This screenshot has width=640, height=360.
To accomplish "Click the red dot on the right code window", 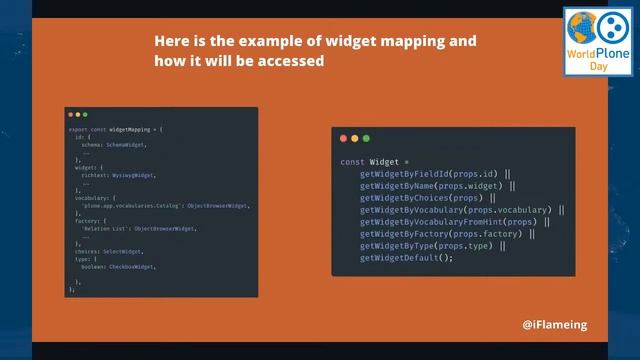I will coord(343,137).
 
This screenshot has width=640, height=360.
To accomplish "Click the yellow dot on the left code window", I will coord(79,116).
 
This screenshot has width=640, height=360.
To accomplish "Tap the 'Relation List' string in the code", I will coord(102,229).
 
